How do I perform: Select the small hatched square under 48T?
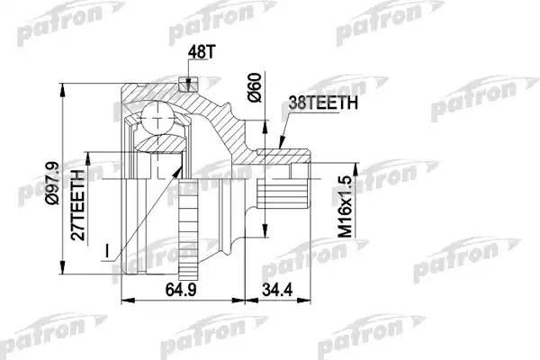tap(189, 85)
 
